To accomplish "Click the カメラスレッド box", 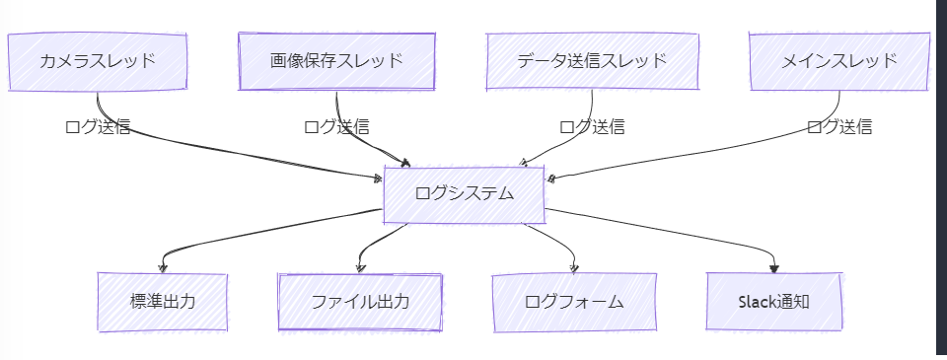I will point(97,61).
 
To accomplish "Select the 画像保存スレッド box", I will point(336,61).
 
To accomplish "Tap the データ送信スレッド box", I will point(592,61).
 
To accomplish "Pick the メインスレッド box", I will point(839,61).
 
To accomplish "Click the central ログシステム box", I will point(464,193).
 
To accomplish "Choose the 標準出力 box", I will point(163,301).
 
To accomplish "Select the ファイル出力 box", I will point(360,301).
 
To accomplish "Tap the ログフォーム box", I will point(574,301).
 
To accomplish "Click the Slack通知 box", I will point(774,301).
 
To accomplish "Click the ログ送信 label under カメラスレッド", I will point(97,126).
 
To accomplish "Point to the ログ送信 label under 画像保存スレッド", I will point(336,126).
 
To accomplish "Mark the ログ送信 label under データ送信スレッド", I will point(592,126).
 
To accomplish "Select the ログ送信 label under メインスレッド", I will point(839,126).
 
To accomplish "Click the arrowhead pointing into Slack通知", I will point(774,266).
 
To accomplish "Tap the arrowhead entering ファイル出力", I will point(361,266).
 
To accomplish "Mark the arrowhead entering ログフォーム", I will point(574,266).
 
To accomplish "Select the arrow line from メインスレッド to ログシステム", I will point(691,158).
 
